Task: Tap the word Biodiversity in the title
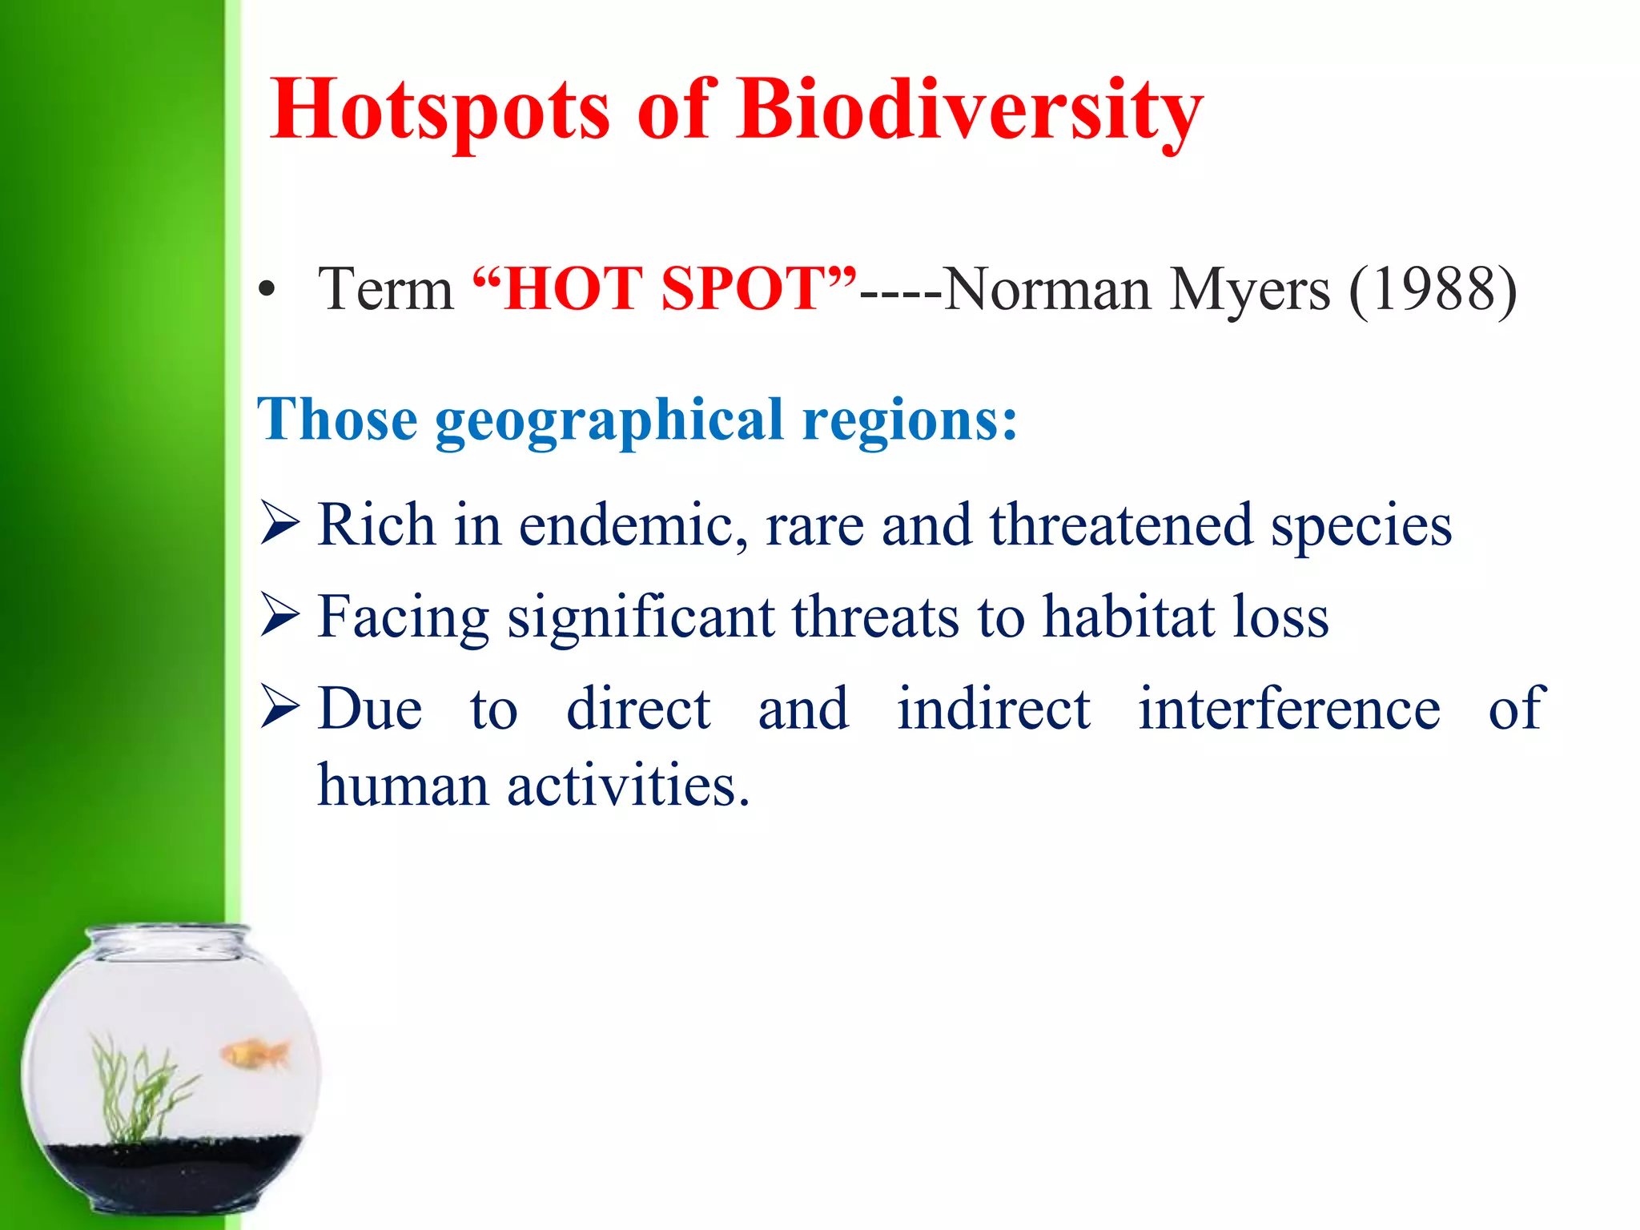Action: (x=971, y=111)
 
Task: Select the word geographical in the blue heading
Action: (x=609, y=420)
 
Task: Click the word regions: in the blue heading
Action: (x=910, y=420)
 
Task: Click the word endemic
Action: (x=633, y=525)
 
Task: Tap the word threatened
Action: (x=1121, y=525)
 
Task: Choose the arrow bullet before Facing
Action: (x=279, y=617)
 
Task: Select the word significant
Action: (x=641, y=618)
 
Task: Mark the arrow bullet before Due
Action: (x=279, y=708)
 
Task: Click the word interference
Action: (x=1289, y=708)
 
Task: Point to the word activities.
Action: (x=628, y=785)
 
